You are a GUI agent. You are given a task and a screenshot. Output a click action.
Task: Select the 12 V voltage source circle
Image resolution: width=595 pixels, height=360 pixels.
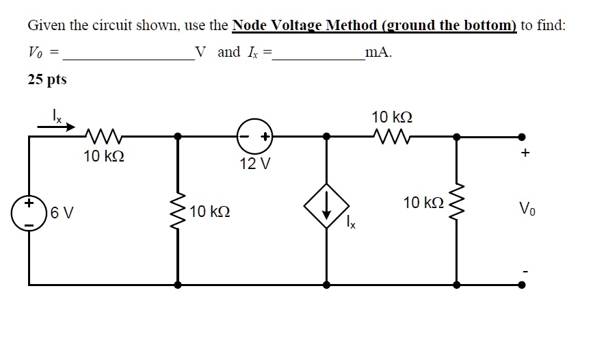(254, 136)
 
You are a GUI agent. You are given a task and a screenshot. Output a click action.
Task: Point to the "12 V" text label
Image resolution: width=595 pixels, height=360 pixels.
(255, 164)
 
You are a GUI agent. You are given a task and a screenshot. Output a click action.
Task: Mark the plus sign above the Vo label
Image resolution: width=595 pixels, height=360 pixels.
(524, 154)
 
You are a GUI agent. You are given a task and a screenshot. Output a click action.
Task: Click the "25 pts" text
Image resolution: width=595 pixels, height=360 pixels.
(47, 79)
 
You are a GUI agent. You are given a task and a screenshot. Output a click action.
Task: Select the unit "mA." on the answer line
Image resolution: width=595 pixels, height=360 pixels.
(379, 53)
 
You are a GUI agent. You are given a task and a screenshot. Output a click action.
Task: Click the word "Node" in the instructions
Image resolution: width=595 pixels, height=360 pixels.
(251, 26)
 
